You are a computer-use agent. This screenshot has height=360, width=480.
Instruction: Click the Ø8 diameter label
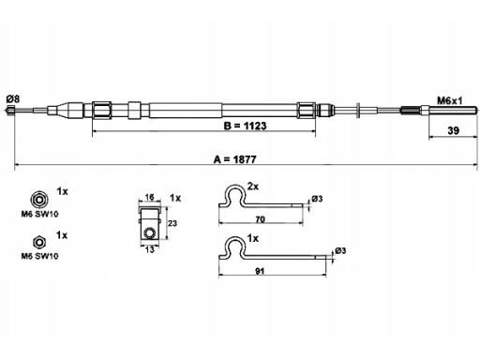click(x=13, y=99)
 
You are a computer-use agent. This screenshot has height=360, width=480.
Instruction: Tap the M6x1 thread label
click(x=449, y=100)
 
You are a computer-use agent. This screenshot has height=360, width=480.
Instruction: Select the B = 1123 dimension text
click(x=245, y=126)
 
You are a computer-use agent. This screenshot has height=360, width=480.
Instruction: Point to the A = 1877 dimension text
click(x=235, y=159)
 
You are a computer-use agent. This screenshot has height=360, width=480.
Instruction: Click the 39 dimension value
click(x=453, y=130)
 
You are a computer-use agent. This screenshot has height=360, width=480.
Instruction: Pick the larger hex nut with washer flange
click(x=38, y=199)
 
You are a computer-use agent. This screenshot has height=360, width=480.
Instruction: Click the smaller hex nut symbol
click(x=39, y=242)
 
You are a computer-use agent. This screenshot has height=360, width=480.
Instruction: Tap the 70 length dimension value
click(x=260, y=219)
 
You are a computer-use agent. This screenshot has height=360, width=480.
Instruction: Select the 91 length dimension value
click(x=260, y=271)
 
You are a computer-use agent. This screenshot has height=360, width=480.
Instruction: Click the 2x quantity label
click(x=253, y=187)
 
